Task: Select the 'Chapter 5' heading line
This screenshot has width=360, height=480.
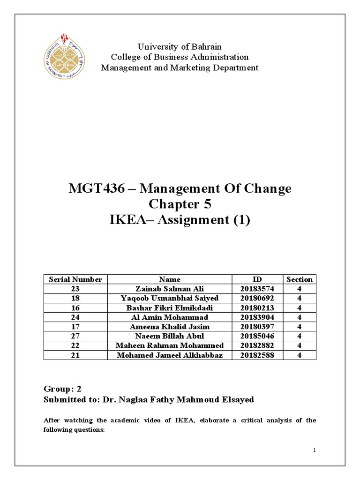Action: coord(180,204)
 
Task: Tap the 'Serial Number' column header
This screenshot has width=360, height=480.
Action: coord(75,279)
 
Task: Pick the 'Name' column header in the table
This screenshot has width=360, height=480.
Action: coord(169,279)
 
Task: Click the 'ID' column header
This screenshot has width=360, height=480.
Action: coord(257,279)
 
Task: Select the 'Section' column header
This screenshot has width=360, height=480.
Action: coord(299,279)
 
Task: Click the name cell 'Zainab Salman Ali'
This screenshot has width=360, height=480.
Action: coord(169,289)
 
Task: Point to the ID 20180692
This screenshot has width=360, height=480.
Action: coord(257,298)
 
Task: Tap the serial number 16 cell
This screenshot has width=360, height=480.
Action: coord(75,308)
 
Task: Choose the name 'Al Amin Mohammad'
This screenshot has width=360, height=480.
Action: coord(169,317)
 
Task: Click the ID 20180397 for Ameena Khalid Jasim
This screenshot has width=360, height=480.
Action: coord(257,327)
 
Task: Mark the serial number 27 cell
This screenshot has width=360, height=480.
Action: coord(75,336)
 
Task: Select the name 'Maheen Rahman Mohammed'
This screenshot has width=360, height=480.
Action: coord(169,345)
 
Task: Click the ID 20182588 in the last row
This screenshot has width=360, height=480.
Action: coord(257,355)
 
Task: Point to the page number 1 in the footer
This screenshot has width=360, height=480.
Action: coord(315,450)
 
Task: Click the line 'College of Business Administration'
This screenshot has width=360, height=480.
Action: coord(180,57)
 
